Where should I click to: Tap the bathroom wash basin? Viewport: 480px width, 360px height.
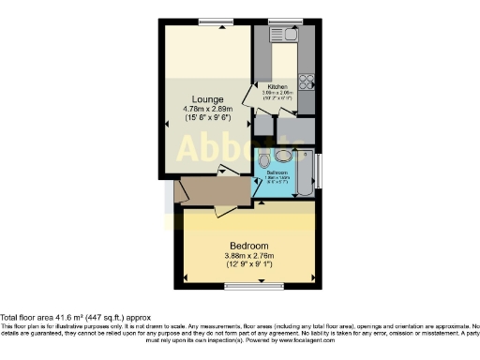(x=282, y=156)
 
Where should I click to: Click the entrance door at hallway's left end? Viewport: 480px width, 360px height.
(x=180, y=190)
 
